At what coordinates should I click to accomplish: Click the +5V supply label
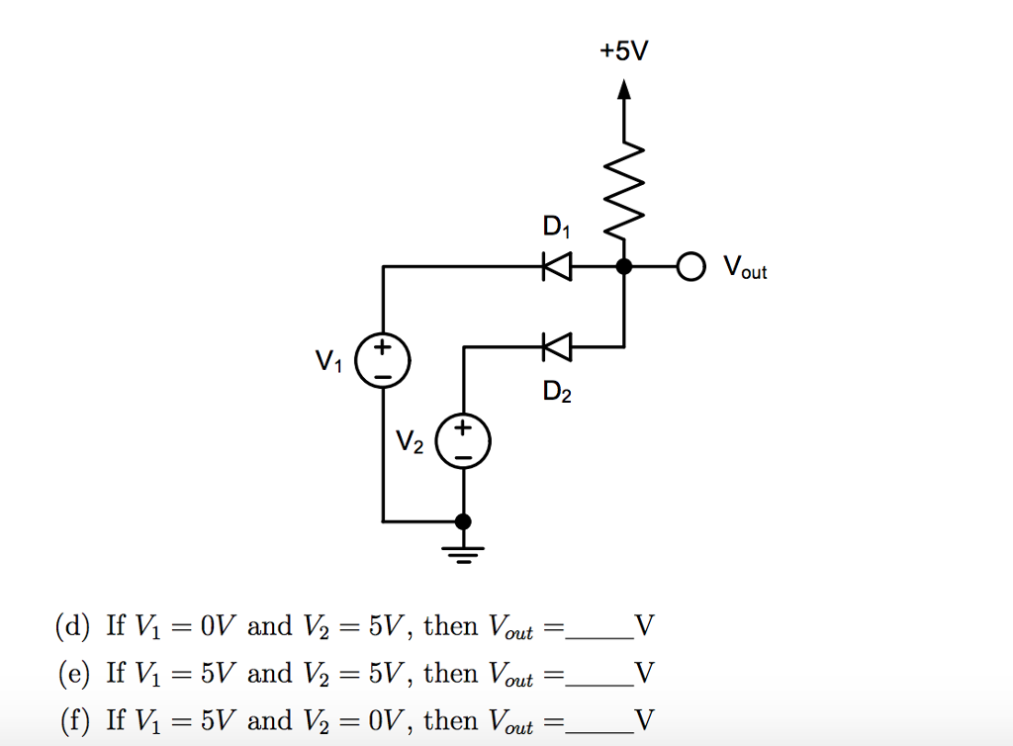(624, 50)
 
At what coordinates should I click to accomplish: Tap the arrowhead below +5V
(623, 90)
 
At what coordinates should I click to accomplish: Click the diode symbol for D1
(557, 266)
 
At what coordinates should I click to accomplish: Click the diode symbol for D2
(557, 346)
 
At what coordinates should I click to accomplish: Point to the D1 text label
(556, 229)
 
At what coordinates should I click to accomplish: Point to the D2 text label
(556, 393)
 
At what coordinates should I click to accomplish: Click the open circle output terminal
(690, 266)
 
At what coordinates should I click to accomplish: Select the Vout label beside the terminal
(744, 267)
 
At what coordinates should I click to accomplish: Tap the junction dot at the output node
(623, 266)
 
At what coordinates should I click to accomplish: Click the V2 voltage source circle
(463, 441)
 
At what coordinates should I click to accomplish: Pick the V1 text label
(328, 363)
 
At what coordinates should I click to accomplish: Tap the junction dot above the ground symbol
(463, 520)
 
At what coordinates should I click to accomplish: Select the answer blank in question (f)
(599, 731)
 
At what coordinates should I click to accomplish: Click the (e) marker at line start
(73, 675)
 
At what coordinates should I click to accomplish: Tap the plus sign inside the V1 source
(384, 349)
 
